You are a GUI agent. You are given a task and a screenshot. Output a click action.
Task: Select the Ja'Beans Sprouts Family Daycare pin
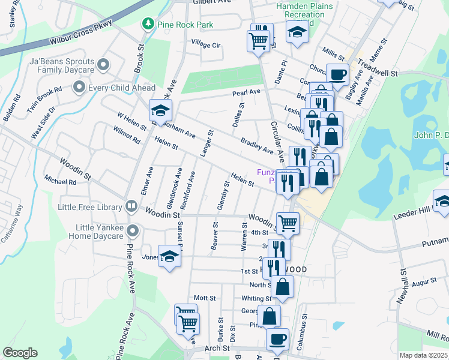coord(104,63)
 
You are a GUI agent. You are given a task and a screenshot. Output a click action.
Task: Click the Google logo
coord(20,353)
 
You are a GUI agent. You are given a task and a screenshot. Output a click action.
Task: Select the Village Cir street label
coord(206,45)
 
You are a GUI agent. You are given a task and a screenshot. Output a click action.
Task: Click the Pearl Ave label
coord(247,92)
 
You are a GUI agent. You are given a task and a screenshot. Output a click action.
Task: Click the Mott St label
coord(204,298)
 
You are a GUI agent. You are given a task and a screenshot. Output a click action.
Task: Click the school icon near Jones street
coord(169,257)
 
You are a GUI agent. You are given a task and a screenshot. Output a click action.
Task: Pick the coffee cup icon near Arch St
coord(277,340)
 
